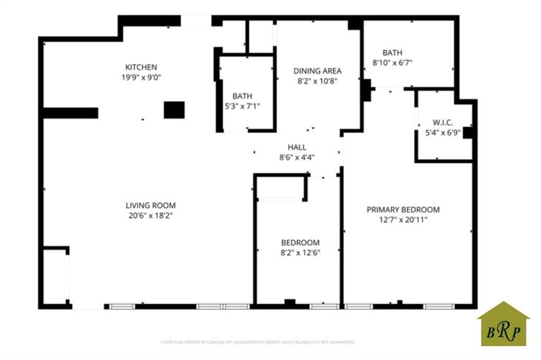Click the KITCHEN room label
pos(141,67)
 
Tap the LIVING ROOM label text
pos(151,205)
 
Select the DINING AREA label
pos(318,71)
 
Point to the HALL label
pos(297,147)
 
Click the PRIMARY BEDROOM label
pos(403,210)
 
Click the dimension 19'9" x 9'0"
pos(141,77)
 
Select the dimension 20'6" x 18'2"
pos(151,215)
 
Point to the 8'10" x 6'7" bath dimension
pos(393,62)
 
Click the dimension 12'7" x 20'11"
pos(403,220)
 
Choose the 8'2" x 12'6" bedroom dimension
pos(300,252)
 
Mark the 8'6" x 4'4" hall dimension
pos(297,157)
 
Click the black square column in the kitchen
pos(174,110)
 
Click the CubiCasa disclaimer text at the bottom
pos(257,342)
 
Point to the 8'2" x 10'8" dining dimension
pos(318,81)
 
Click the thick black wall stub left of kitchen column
pos(70,113)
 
